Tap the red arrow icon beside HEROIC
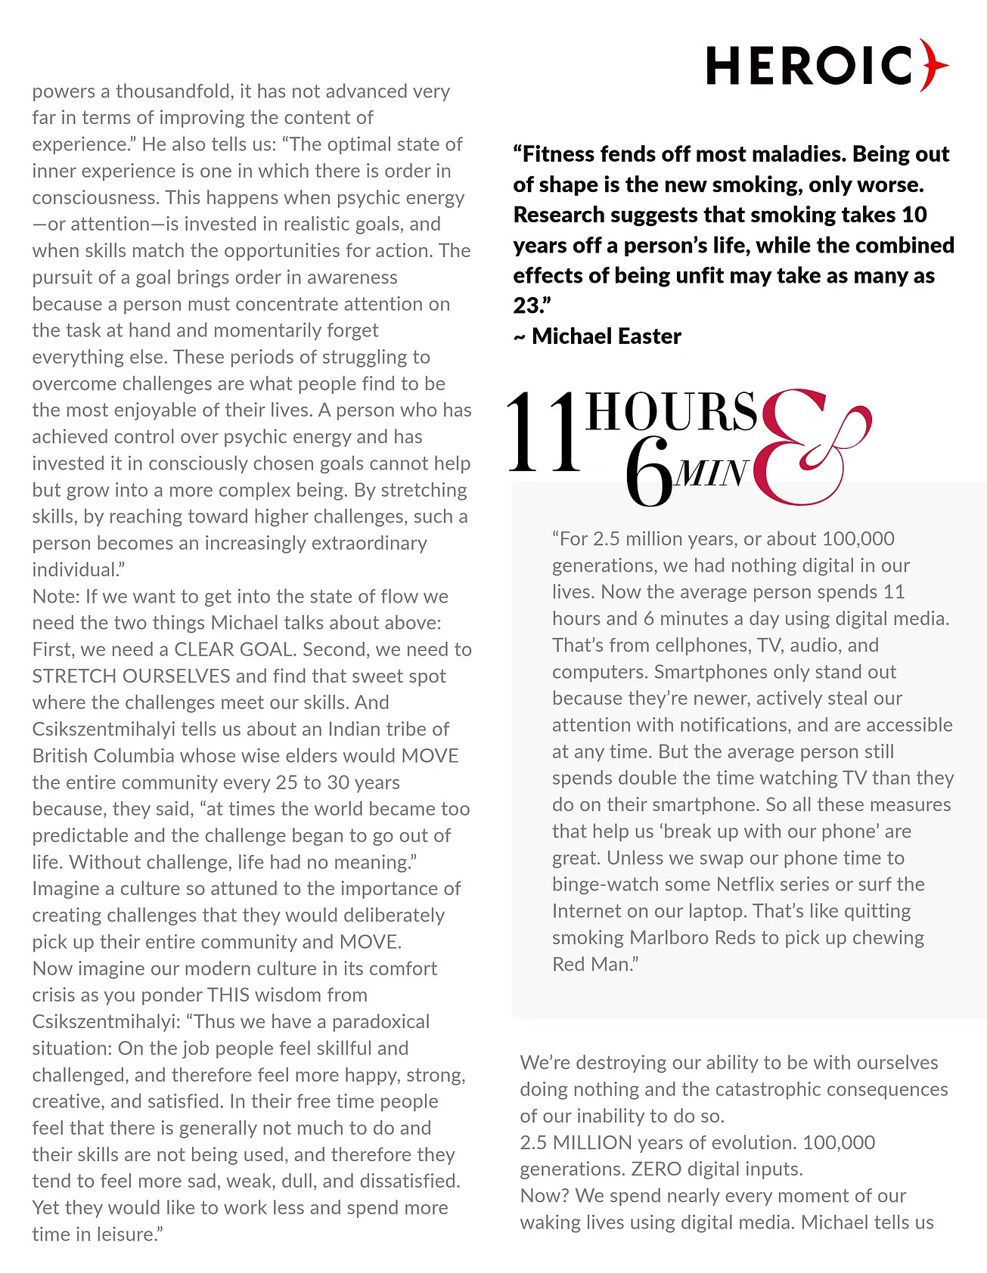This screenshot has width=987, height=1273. pos(935,65)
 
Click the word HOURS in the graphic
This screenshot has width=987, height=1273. pos(671,413)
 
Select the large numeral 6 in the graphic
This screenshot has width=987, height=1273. pos(649,480)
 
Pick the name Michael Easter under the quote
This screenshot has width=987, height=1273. pos(606,336)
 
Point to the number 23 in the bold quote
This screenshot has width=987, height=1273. pos(526,305)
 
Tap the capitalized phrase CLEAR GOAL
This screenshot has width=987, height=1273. pos(233,649)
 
